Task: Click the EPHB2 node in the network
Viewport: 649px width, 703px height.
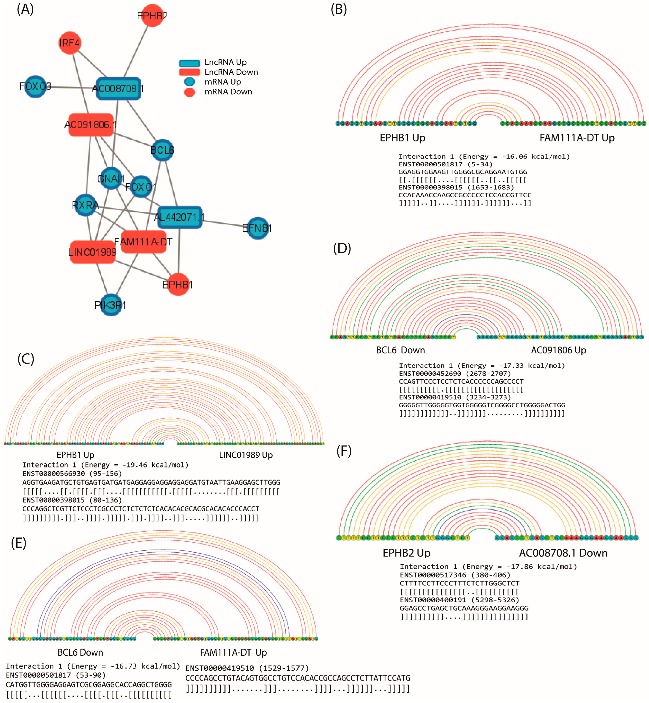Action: point(152,15)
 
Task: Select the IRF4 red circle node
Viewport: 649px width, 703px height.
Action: point(70,43)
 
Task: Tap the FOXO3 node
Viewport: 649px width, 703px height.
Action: point(35,87)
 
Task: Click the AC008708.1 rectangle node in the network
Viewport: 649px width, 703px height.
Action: point(118,88)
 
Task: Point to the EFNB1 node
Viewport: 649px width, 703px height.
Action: point(258,228)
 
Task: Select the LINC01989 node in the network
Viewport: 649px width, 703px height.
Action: point(92,252)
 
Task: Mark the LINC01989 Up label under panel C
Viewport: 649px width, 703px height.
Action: point(246,455)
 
